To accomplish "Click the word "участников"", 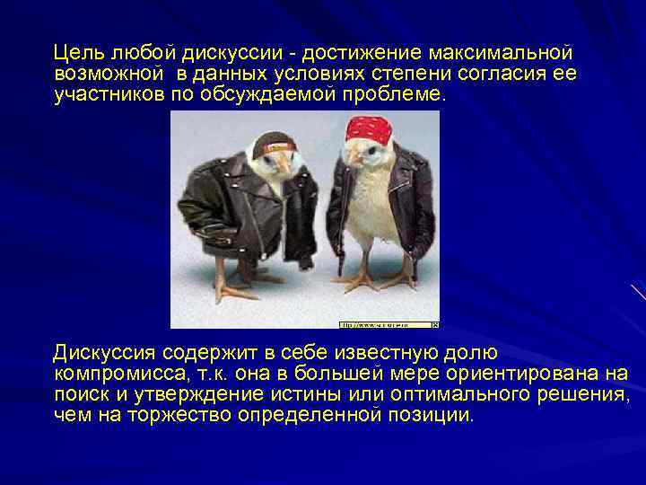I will (108, 94).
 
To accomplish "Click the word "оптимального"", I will (480, 393).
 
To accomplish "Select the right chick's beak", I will (351, 159).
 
